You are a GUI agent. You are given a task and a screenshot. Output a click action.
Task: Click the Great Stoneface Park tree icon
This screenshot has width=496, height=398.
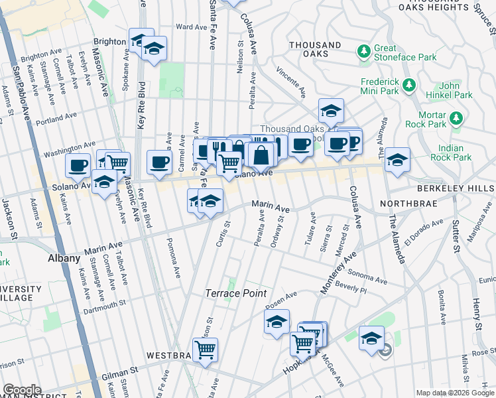click(x=364, y=51)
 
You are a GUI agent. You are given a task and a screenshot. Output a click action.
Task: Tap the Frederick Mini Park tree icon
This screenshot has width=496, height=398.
click(x=409, y=85)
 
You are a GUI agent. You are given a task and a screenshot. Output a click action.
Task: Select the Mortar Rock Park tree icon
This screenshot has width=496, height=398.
click(x=456, y=119)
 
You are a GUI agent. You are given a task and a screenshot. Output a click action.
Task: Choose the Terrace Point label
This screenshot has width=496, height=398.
click(x=235, y=293)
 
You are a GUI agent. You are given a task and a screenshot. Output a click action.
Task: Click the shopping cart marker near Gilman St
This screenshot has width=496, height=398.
click(x=205, y=348)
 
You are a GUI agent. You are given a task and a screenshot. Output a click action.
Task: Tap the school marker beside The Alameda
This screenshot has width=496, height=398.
click(x=397, y=159)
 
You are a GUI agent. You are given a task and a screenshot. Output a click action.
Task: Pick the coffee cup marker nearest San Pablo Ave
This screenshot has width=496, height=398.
click(x=78, y=165)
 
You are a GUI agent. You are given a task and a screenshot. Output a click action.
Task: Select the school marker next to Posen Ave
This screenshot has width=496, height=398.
click(x=277, y=322)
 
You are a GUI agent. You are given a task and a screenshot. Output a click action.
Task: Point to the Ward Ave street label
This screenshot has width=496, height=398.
click(x=192, y=27)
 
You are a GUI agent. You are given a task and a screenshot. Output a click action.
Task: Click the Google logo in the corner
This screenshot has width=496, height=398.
click(x=22, y=390)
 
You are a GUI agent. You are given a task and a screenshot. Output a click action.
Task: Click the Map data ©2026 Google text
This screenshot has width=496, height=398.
click(x=455, y=393)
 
